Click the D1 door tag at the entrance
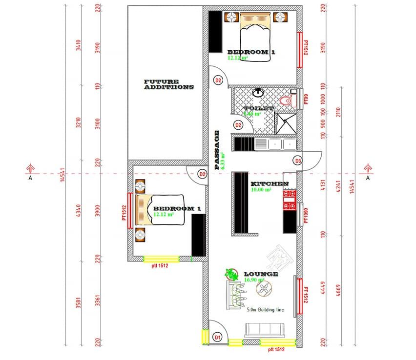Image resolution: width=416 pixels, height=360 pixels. coord(218,337)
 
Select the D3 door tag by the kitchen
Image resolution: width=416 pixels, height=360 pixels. coord(297,160)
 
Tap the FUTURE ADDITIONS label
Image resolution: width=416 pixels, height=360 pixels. coord(169,84)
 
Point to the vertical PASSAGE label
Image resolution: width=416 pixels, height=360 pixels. coord(217,150)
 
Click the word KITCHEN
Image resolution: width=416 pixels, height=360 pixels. coord(270,184)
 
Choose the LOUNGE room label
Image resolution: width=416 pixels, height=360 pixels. coord(261,274)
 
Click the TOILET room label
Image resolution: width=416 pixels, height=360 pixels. coord(259,108)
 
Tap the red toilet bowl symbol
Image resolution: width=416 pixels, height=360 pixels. coord(287,100)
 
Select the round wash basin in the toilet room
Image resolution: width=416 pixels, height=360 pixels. coord(258,93)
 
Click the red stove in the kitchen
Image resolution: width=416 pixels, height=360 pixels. coord(290,200)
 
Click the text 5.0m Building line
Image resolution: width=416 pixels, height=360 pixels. coord(267,310)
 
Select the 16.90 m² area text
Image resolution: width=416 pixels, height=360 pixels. coord(254,280)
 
